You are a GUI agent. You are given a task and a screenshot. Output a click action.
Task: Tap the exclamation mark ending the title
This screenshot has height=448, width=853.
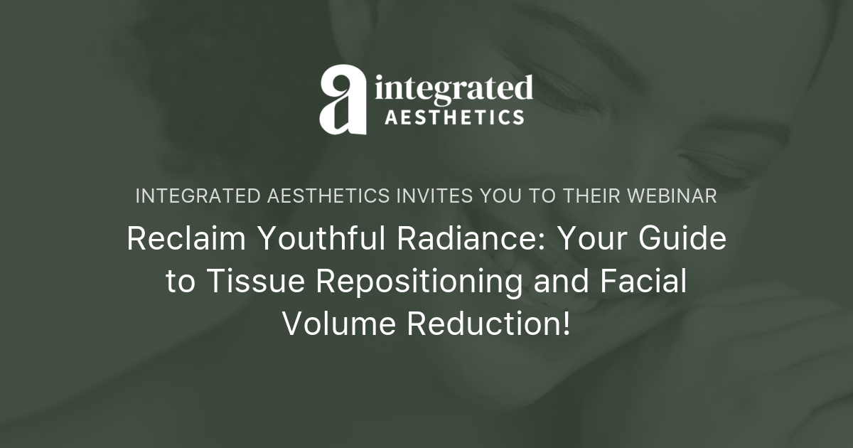click(566, 324)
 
